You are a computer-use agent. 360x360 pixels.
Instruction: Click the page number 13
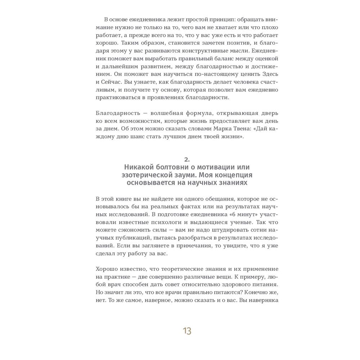click(x=187, y=331)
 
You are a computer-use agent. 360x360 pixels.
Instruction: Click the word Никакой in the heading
click(x=139, y=167)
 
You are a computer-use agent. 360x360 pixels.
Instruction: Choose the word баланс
click(x=206, y=58)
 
